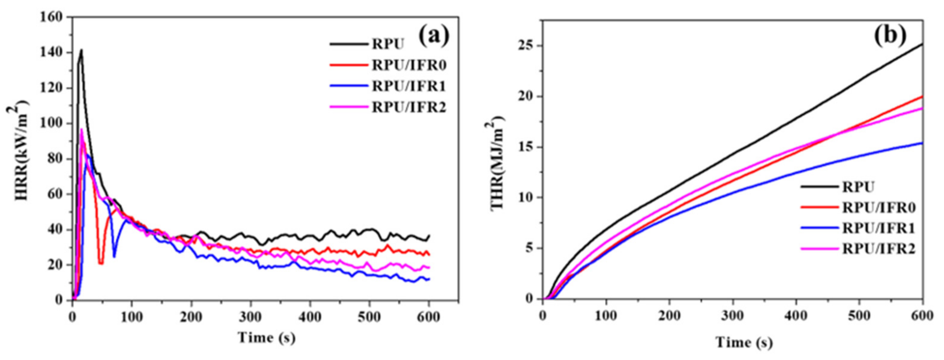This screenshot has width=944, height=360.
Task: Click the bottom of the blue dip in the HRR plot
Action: [114, 256]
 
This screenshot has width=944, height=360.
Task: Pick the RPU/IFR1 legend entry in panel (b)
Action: [878, 228]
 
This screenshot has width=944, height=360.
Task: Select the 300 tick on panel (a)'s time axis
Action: [251, 316]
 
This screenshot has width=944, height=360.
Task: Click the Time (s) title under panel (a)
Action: [266, 337]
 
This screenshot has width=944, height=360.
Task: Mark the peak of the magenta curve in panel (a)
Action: [81, 129]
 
